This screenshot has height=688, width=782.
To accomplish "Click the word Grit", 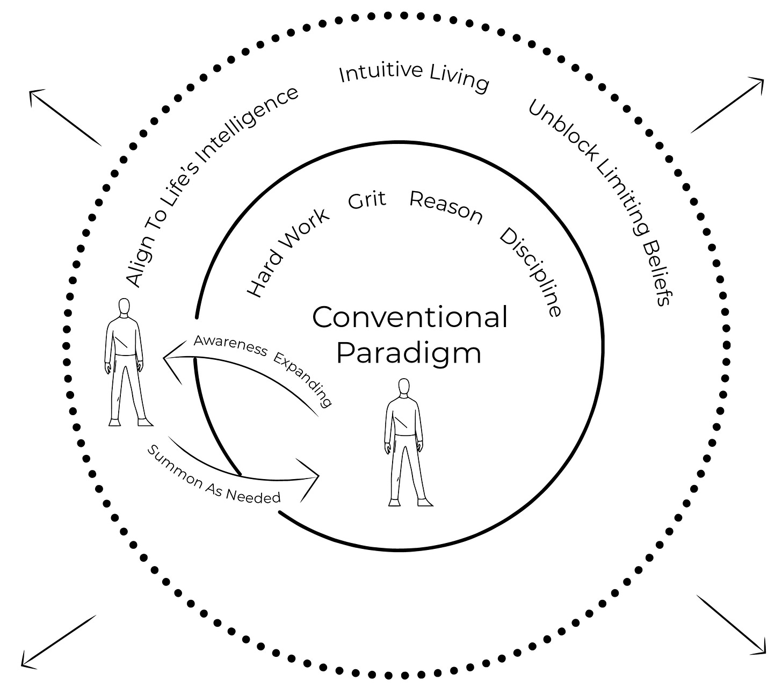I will [x=367, y=200].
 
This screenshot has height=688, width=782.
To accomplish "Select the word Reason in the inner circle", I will [x=446, y=207].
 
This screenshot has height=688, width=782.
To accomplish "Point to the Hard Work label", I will [x=288, y=252].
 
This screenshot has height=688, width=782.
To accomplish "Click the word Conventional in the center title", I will [x=410, y=317].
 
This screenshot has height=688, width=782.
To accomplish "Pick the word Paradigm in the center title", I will [x=409, y=353].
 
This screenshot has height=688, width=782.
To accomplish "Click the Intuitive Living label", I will [x=414, y=78].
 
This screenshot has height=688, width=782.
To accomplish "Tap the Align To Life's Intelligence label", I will [x=212, y=186].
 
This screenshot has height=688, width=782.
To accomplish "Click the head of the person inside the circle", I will [x=404, y=387].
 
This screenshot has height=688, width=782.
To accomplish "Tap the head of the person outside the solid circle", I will [x=124, y=307].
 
